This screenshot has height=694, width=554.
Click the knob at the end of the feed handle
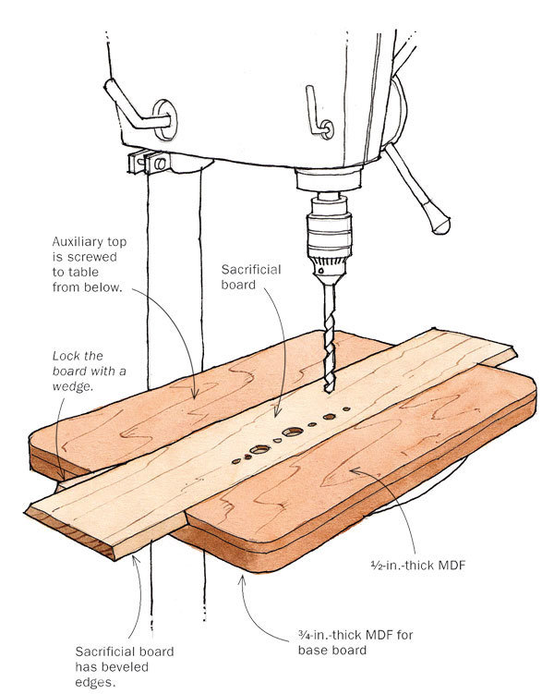coord(440,222)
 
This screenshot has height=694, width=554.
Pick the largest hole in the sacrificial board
coord(294,432)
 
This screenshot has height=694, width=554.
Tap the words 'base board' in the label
coord(343,650)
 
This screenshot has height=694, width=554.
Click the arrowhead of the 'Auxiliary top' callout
coord(193,397)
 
